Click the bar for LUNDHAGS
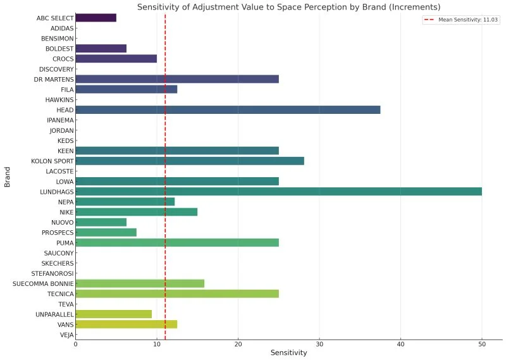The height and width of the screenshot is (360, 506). point(278,192)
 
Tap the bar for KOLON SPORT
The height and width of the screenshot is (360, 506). point(190,161)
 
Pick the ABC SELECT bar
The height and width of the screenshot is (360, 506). point(96,18)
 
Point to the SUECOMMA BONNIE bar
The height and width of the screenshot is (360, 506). point(140,283)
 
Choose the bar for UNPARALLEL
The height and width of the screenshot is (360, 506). point(113,314)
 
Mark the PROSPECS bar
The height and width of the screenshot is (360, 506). point(106,232)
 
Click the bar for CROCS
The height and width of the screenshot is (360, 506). point(116,59)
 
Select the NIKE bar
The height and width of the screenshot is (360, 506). point(136,212)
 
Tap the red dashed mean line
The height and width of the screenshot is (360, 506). point(165,253)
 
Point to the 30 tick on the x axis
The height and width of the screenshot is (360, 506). point(319,344)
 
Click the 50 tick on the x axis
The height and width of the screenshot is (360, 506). point(482,344)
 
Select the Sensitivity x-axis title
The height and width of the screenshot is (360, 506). point(288,353)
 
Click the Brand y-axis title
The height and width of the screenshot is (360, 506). point(8,177)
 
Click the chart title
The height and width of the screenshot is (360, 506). point(288,6)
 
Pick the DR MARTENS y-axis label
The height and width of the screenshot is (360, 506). point(54,79)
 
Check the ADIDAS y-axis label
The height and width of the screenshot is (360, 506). point(62,28)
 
